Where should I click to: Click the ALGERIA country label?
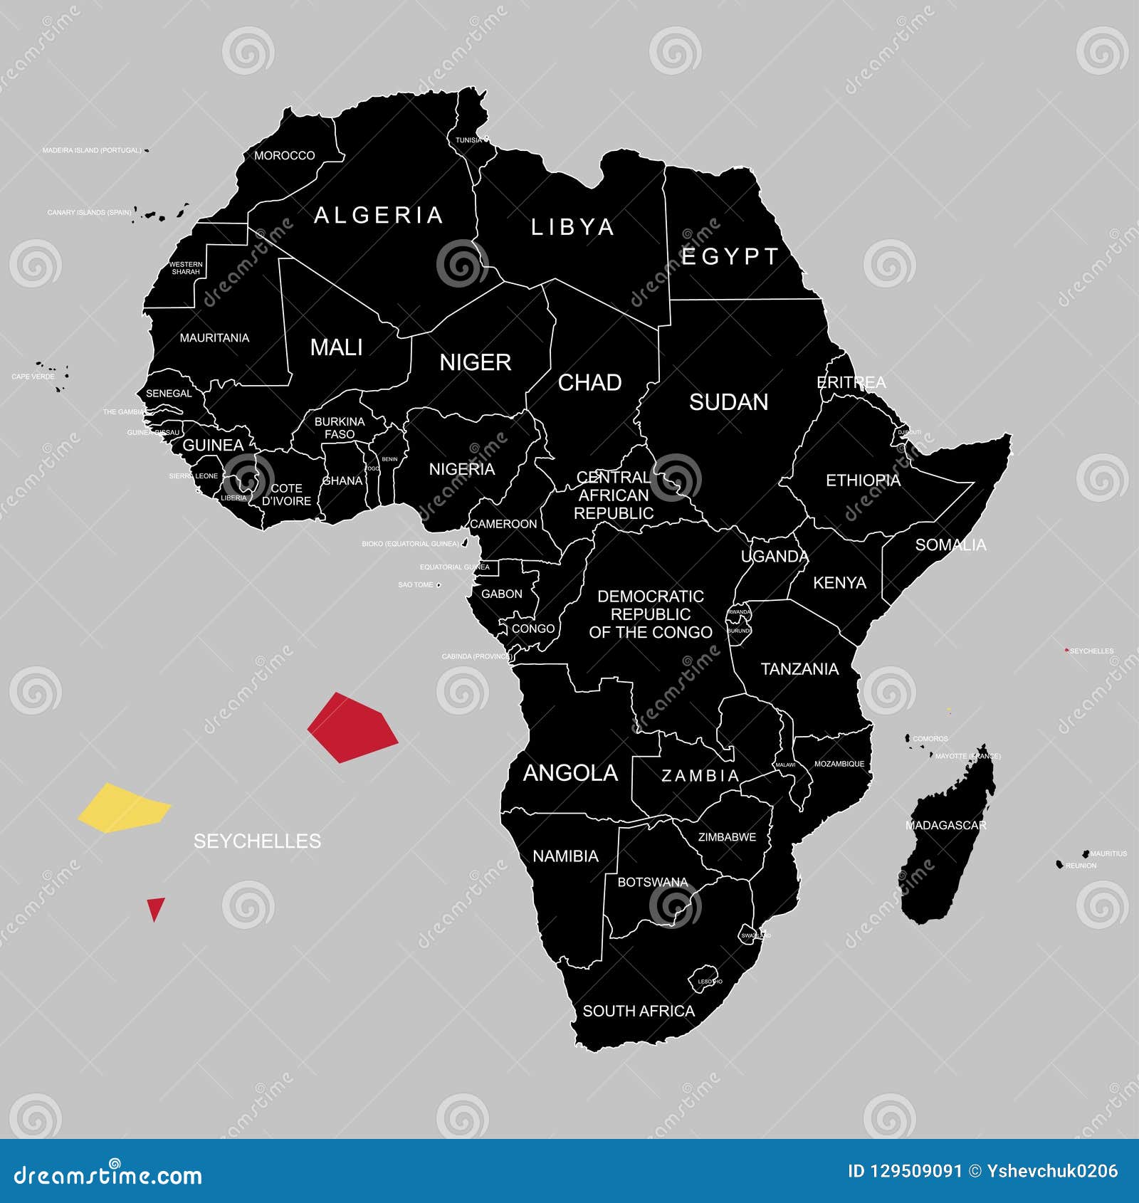tap(379, 215)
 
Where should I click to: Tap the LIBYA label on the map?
tap(572, 227)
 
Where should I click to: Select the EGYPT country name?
tap(730, 256)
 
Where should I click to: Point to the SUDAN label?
tap(728, 402)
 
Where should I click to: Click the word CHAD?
tap(589, 383)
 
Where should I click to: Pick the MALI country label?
tap(336, 347)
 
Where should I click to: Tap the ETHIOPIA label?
tap(863, 480)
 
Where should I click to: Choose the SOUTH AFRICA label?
tap(639, 1011)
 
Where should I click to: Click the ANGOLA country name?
tap(570, 773)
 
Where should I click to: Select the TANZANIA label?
tap(799, 669)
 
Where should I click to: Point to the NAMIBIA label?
tap(565, 856)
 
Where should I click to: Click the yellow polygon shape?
tap(124, 809)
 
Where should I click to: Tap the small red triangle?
tap(155, 908)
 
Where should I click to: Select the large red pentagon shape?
tap(352, 727)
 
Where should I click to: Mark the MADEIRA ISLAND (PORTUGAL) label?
tap(92, 151)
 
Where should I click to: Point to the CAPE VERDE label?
tap(33, 377)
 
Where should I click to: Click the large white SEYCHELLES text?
tap(257, 841)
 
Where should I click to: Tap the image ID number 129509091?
tap(915, 1171)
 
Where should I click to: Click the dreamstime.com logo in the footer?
tap(108, 1175)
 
